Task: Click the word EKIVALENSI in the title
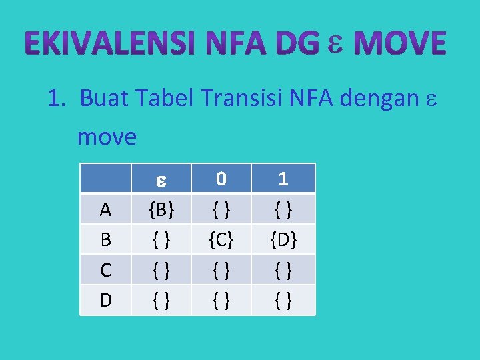[110, 44]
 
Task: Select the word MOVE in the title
[399, 44]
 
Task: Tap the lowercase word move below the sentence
[107, 137]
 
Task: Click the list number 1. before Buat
[59, 99]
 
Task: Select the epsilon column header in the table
[161, 179]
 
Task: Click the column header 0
[221, 179]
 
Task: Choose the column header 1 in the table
[283, 179]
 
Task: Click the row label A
[105, 210]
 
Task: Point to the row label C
[105, 270]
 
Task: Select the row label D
[105, 300]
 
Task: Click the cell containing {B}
[161, 209]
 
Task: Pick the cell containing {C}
[221, 239]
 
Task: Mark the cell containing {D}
[283, 239]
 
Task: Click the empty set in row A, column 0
[221, 209]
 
